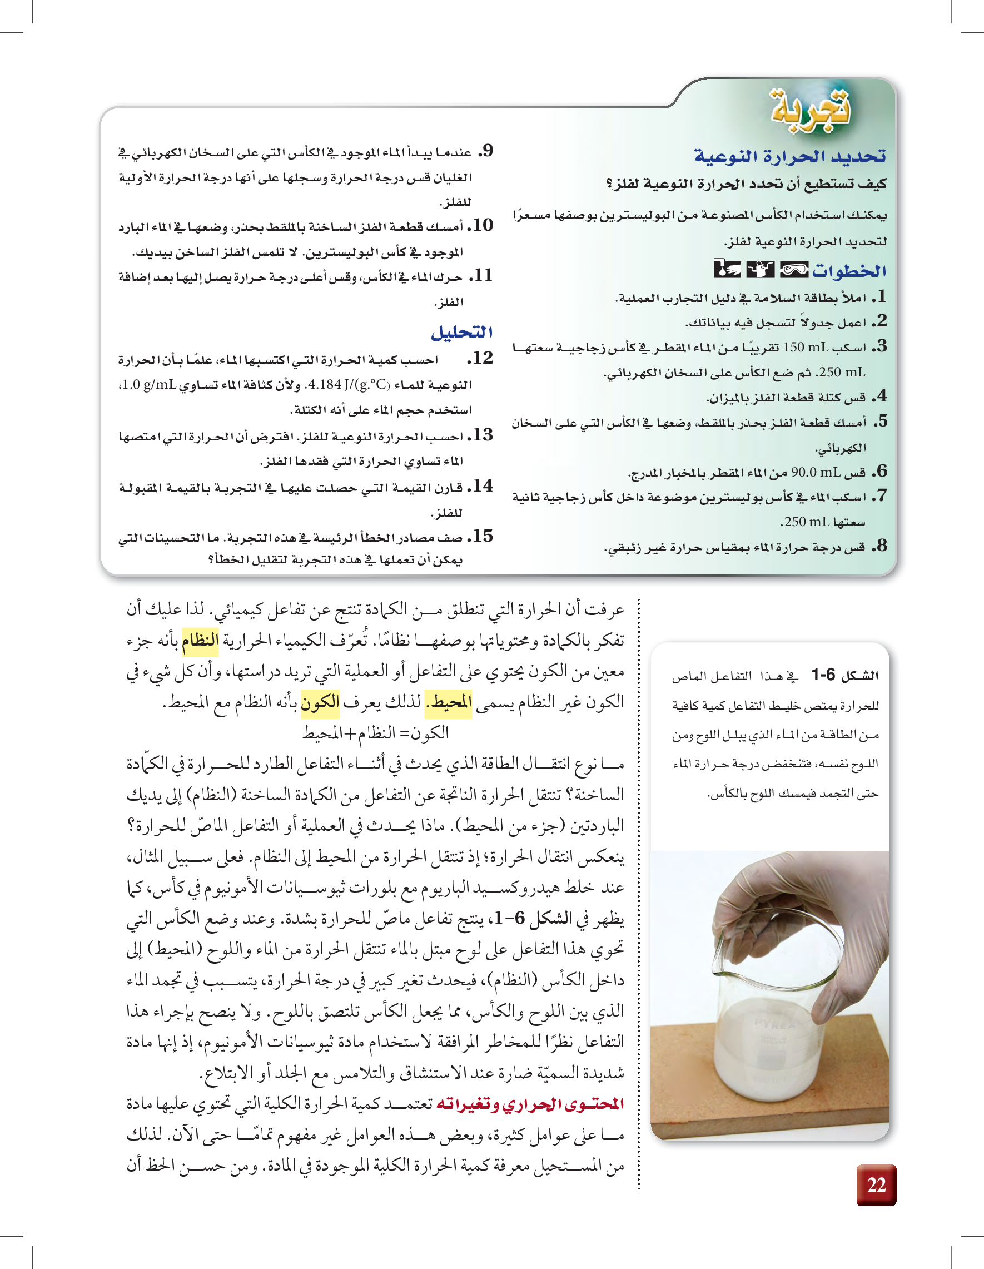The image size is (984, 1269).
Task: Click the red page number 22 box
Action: pos(876,1184)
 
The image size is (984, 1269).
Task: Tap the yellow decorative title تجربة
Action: pos(811,108)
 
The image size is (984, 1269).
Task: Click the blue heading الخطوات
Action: pos(849,271)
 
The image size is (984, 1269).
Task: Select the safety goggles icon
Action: pos(794,270)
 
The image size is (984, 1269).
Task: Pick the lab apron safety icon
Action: pos(760,270)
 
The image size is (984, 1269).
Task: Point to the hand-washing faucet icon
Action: pos(727,270)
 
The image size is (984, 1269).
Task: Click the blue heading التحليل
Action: pos(462,333)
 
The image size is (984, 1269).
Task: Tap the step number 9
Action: pos(486,151)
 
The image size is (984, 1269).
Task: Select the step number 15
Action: pos(481,536)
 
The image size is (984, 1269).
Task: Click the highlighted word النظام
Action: pos(200,640)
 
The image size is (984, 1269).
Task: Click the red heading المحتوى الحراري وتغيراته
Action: pos(530,1103)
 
